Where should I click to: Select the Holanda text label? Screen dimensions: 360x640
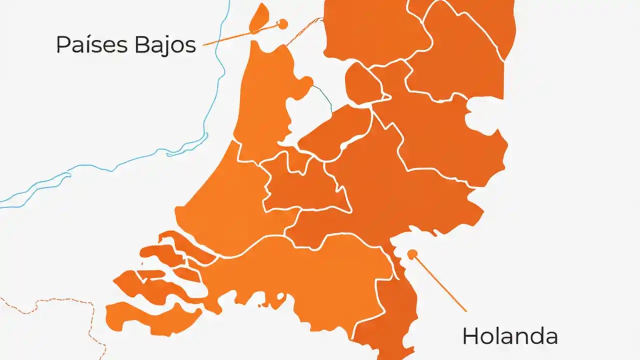point(509,336)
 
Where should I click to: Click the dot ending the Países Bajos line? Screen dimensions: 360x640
point(283,23)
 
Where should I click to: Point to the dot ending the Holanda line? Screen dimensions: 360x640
point(412,254)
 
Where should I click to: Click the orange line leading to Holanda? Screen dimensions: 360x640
point(440,283)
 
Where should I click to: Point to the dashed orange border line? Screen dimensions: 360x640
point(60,300)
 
